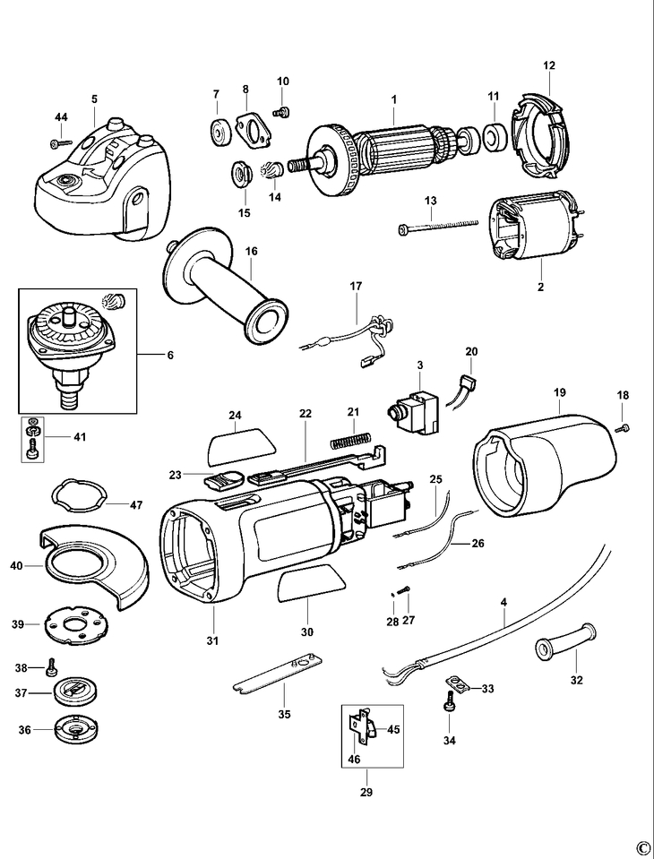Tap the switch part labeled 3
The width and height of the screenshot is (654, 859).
point(413,410)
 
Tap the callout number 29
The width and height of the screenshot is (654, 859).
point(366,792)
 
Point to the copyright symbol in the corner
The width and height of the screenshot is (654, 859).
point(641,847)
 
